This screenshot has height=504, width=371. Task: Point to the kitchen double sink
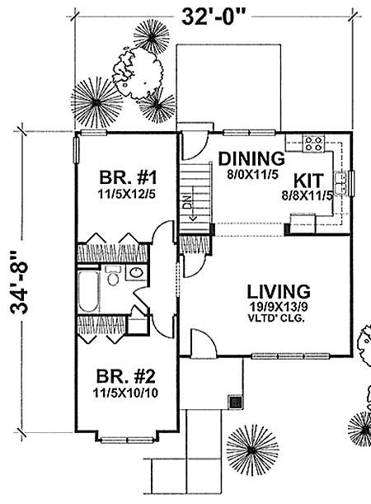[x=339, y=178]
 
